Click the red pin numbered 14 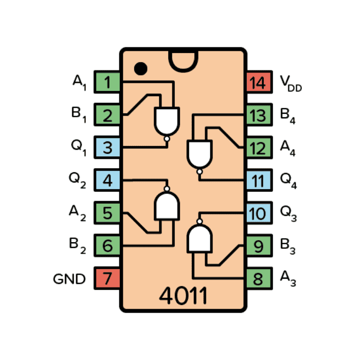click(x=259, y=82)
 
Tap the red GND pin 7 click(x=107, y=279)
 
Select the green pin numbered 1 click(x=107, y=82)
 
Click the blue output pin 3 click(x=107, y=148)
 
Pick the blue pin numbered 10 click(x=259, y=213)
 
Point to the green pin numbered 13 click(x=259, y=115)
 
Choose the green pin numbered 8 click(x=259, y=279)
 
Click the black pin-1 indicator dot click(x=140, y=68)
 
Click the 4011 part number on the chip click(x=183, y=296)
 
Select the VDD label click(x=291, y=83)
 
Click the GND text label click(x=69, y=279)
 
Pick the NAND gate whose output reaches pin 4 click(x=167, y=206)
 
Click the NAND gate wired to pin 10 click(x=199, y=238)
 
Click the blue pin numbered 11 click(x=259, y=181)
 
